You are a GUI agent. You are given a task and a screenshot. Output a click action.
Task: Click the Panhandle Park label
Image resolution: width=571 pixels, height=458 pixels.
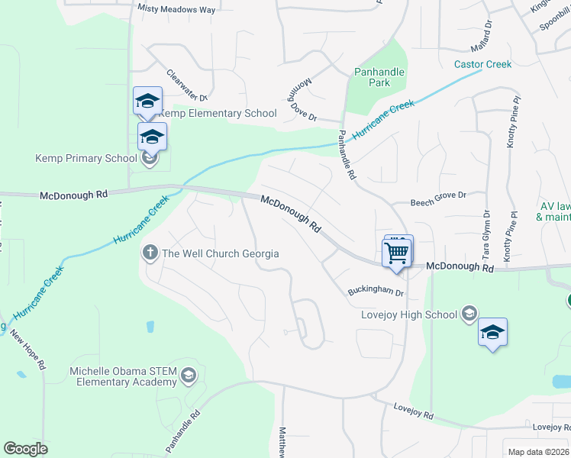(x=379, y=77)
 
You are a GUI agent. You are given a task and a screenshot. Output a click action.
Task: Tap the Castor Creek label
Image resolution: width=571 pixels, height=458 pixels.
(x=482, y=64)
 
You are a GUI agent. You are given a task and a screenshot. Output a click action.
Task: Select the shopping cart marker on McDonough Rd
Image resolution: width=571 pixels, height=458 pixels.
(x=397, y=252)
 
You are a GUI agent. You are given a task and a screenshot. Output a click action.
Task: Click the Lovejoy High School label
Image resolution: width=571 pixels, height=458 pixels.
(x=408, y=314)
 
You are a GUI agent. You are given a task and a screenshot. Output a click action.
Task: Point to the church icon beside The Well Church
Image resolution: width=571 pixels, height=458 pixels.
(x=150, y=253)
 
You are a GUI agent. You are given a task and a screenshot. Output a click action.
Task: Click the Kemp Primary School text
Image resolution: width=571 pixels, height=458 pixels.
(x=85, y=159)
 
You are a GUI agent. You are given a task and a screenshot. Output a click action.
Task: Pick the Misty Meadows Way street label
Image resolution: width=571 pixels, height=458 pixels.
(x=176, y=8)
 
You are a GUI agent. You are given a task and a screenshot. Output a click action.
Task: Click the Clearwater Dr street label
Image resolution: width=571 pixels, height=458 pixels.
(x=186, y=85)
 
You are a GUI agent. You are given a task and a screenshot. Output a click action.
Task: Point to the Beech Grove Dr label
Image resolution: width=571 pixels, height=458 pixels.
(x=437, y=197)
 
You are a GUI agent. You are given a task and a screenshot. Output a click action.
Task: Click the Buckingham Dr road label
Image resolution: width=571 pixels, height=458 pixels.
(x=375, y=292)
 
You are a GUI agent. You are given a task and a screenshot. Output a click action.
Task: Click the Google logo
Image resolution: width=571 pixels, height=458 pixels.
(x=25, y=449)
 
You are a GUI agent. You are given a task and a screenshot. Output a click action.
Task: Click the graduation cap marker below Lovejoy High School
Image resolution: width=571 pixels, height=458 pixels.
(x=492, y=333)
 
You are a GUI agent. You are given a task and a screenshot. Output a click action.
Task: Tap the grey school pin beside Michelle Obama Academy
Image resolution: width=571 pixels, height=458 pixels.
(x=189, y=376)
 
